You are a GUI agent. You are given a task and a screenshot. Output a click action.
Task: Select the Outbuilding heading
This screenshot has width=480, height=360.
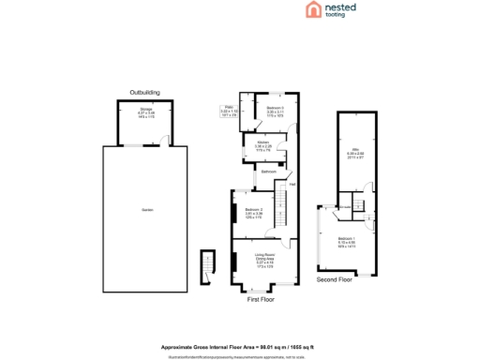click(144, 92)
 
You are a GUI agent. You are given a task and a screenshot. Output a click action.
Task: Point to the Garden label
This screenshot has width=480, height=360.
click(146, 208)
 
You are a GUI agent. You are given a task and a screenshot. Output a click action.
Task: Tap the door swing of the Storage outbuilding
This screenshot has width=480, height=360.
click(164, 141)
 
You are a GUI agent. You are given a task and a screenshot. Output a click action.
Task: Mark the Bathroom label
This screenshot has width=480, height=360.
click(268, 173)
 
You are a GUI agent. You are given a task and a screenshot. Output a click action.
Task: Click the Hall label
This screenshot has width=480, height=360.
click(292, 184)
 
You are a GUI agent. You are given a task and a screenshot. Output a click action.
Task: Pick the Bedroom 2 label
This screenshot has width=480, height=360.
click(253, 210)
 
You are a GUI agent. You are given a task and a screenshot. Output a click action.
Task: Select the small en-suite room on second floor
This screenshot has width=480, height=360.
click(343, 206)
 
